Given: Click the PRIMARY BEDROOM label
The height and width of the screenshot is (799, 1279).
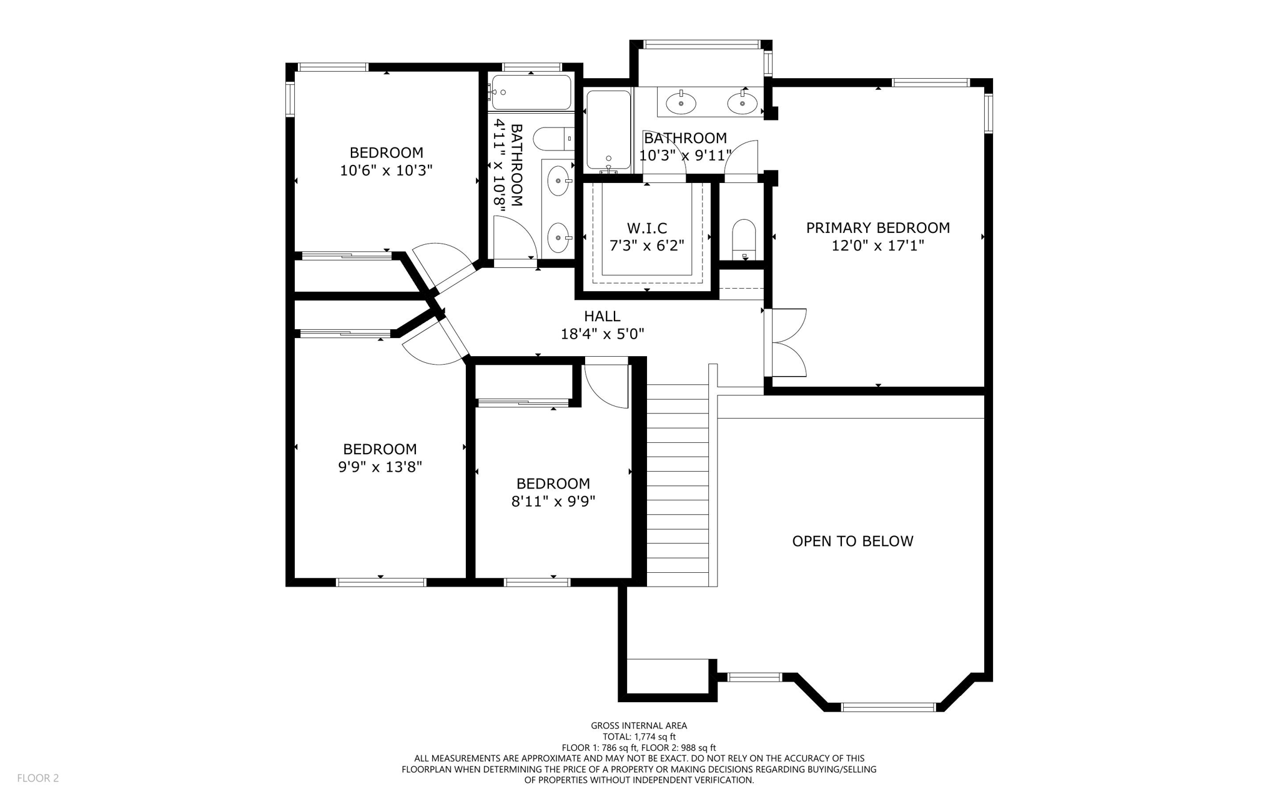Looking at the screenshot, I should click(877, 228).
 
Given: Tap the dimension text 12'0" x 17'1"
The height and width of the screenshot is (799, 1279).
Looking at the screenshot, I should click(877, 246).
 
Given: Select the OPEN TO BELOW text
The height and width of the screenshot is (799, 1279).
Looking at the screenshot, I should click(852, 541).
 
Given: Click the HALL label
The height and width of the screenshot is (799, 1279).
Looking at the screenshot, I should click(602, 316).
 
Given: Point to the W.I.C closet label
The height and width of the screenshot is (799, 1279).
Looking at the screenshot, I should click(647, 228).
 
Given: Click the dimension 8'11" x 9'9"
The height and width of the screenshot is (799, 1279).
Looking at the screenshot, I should click(553, 501).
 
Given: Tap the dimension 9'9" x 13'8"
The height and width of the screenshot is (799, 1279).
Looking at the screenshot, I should click(380, 467).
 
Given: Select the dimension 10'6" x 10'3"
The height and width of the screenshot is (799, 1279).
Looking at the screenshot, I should click(386, 170).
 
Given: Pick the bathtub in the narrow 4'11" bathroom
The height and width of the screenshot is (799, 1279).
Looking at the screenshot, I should click(531, 92).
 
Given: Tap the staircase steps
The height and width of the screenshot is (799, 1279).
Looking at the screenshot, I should click(678, 484).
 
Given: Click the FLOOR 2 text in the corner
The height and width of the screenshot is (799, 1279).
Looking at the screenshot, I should click(37, 778).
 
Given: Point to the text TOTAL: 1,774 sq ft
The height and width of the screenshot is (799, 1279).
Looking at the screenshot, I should click(639, 737).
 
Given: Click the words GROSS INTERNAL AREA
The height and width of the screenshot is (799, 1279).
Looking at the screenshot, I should click(639, 725).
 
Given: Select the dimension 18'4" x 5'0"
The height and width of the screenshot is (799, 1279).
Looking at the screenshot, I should click(602, 334).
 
